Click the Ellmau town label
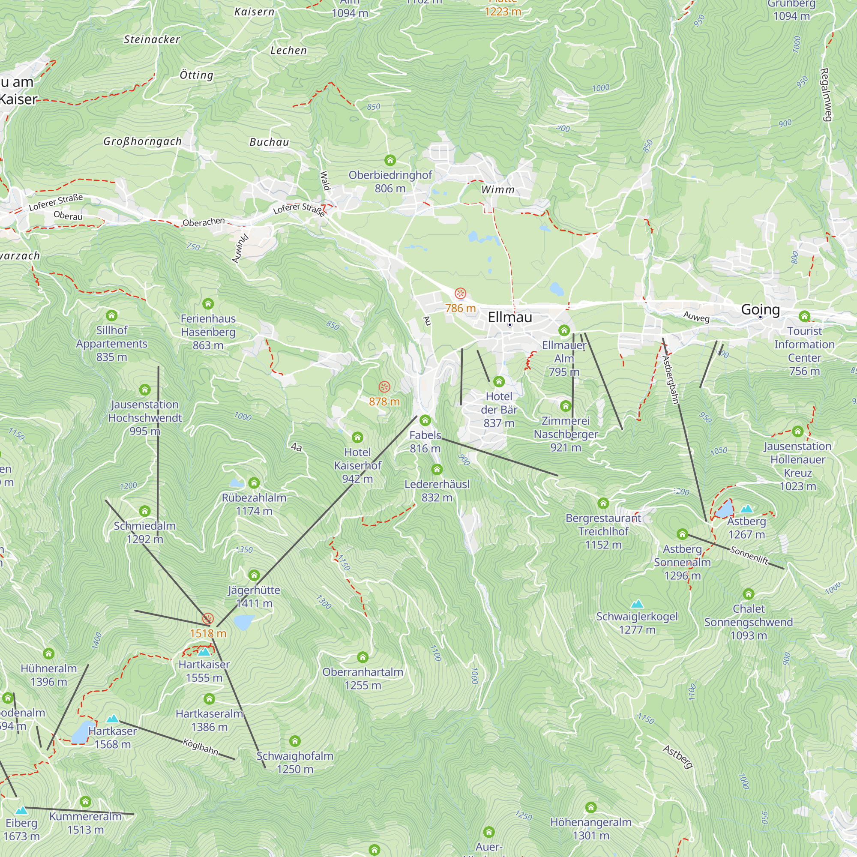(509, 317)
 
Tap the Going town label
(760, 309)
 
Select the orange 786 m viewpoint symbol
(460, 293)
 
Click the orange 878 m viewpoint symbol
(384, 387)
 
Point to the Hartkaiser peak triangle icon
(204, 652)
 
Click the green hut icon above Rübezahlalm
(254, 482)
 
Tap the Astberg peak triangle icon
(746, 509)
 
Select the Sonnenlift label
(749, 555)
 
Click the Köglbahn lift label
(201, 746)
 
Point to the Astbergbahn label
(670, 380)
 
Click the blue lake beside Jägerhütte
(243, 622)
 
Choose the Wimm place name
(497, 190)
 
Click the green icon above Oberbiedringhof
(390, 160)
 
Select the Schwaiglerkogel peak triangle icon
(637, 604)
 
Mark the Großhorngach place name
(142, 141)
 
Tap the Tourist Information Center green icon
(804, 316)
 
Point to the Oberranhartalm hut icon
(363, 657)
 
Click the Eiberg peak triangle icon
(21, 811)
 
